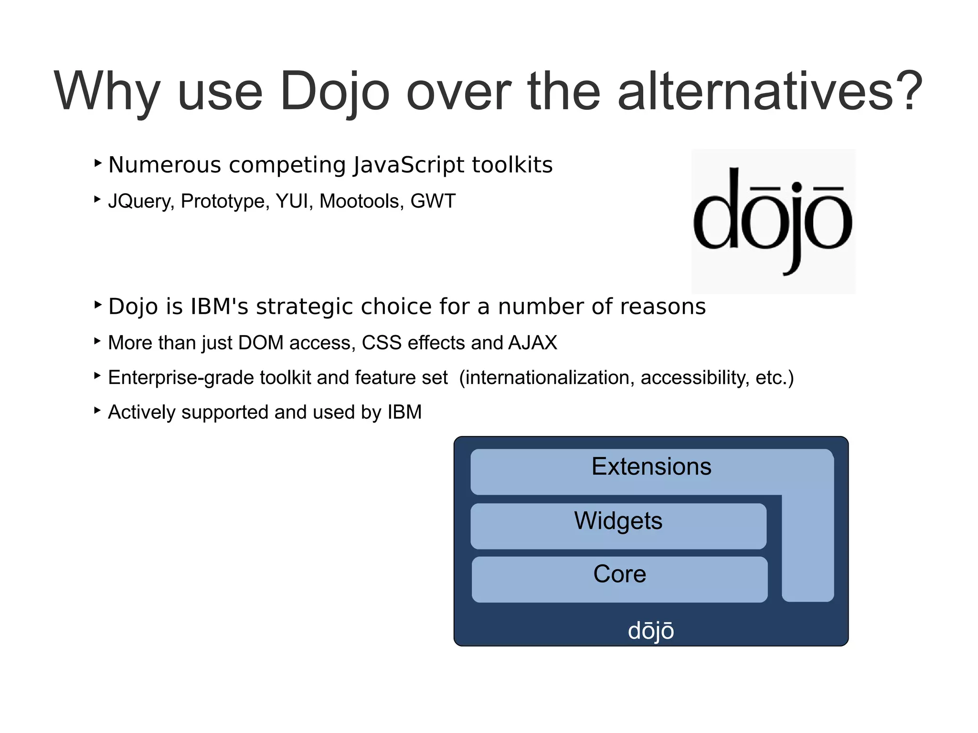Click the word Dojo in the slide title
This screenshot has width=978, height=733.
(334, 92)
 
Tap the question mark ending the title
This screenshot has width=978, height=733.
(907, 91)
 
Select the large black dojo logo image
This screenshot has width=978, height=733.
(773, 221)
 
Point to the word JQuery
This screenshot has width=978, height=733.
(141, 202)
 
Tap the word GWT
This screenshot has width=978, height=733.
(433, 201)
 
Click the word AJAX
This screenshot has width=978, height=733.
(532, 343)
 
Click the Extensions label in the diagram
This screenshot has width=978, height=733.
(651, 467)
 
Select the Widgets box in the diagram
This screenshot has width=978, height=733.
(618, 526)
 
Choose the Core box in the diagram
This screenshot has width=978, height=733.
(619, 579)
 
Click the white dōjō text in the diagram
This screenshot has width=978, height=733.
(650, 631)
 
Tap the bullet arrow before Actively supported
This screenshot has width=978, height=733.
(97, 410)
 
